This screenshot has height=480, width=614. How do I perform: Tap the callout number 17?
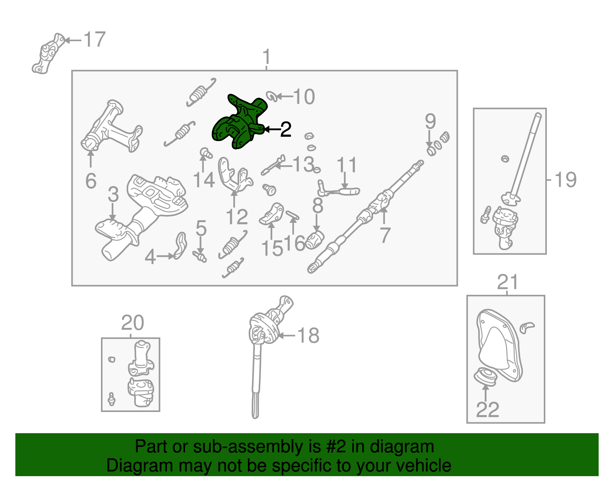click(x=95, y=40)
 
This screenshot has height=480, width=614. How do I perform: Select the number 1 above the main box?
click(x=267, y=57)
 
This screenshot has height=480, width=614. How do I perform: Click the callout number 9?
click(x=430, y=121)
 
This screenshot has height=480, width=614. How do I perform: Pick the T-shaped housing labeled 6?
click(x=111, y=126)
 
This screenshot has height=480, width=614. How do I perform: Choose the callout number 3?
click(x=113, y=194)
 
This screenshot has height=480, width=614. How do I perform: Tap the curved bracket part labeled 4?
click(x=180, y=246)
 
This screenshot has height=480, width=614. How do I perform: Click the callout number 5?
click(x=201, y=228)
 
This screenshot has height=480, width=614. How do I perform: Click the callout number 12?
click(x=237, y=217)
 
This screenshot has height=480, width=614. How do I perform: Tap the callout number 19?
click(x=565, y=179)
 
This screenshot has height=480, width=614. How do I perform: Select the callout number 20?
click(x=132, y=323)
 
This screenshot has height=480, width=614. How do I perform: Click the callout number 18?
click(x=308, y=336)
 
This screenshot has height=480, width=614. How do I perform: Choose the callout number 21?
click(x=507, y=282)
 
